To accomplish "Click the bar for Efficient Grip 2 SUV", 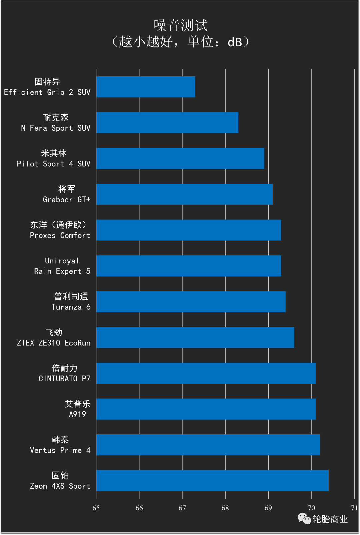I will tap(146, 87).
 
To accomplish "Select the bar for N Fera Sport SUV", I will tap(167, 123).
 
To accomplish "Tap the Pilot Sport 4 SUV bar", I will tap(180, 158).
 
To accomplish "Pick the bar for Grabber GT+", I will tap(184, 194).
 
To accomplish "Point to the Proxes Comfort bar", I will tap(189, 230).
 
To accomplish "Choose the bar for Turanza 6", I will tap(191, 302).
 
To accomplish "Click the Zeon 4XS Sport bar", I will tap(212, 481).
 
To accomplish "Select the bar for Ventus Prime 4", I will tap(208, 445).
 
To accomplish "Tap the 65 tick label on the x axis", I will tap(96, 508).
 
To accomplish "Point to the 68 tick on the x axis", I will tap(225, 508).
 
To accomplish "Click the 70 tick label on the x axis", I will tap(311, 508).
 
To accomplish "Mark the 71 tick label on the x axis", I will tap(354, 508).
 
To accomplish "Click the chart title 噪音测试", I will tap(181, 25).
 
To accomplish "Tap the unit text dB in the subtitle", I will tap(235, 42).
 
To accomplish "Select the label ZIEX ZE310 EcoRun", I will tap(54, 343).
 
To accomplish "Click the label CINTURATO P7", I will tap(64, 379).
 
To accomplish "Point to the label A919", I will tap(77, 414).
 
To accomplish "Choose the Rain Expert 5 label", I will tap(62, 271).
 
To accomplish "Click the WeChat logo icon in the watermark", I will tap(304, 518).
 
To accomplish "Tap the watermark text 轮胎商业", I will tap(330, 519).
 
